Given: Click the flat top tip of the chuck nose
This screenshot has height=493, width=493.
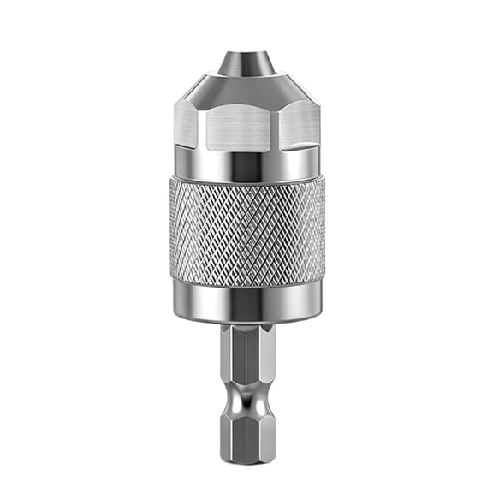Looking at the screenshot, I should pyautogui.click(x=246, y=53).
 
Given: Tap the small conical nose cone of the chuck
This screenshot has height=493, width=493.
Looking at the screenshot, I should pyautogui.click(x=246, y=64).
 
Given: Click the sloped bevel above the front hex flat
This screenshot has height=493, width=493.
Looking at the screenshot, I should pyautogui.click(x=246, y=90).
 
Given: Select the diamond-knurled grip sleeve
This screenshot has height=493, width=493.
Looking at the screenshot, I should pyautogui.click(x=246, y=231).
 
